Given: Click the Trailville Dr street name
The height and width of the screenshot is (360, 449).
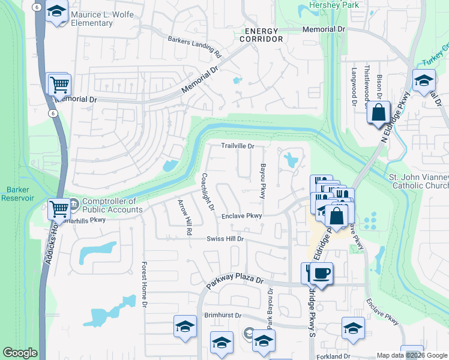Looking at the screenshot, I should [x=238, y=146].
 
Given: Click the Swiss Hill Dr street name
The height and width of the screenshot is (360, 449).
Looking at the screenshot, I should [x=223, y=239].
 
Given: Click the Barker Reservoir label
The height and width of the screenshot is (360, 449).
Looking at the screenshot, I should [x=17, y=193].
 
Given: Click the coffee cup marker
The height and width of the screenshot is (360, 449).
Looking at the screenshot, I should [x=321, y=274].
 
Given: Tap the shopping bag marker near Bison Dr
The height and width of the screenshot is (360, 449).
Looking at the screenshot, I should [x=378, y=112].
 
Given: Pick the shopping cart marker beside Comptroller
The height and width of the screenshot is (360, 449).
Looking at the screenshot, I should [x=59, y=209].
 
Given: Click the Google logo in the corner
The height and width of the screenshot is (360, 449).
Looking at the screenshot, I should [x=20, y=353].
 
